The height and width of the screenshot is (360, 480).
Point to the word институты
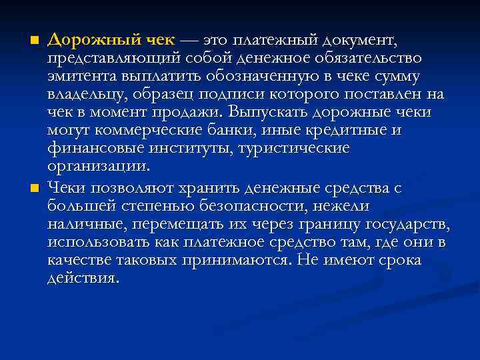click(190, 147)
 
